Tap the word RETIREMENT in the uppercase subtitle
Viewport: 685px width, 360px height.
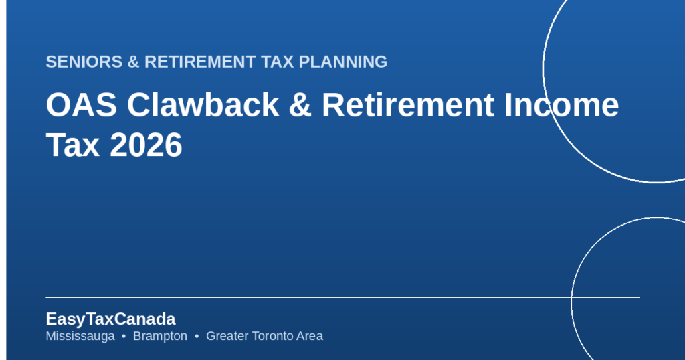click(200, 62)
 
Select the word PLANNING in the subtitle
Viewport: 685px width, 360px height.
click(343, 62)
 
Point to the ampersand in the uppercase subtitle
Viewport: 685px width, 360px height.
click(133, 62)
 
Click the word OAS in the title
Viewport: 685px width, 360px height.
click(82, 105)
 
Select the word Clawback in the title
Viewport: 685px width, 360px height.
click(203, 105)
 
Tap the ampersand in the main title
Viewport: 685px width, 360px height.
click(300, 105)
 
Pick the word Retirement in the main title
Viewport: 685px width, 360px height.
click(408, 105)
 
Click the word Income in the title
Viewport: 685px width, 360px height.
click(562, 105)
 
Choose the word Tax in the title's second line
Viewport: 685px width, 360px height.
click(72, 145)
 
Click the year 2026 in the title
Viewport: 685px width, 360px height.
click(146, 145)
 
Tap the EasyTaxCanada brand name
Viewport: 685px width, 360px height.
click(110, 319)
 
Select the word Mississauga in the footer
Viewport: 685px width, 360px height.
click(80, 336)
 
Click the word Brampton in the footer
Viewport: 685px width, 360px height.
click(160, 336)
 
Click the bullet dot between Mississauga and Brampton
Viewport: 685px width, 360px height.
click(124, 337)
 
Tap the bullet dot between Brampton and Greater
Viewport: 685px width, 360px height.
click(197, 337)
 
